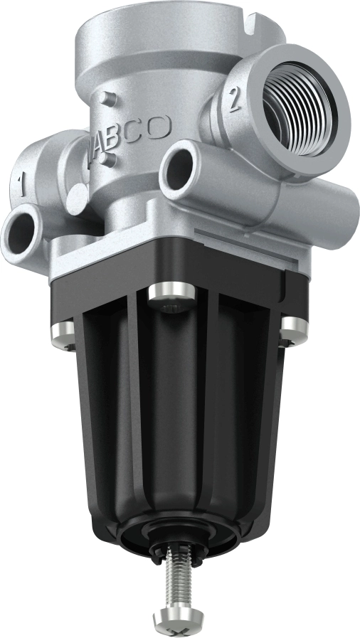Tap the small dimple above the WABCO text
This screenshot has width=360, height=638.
105,96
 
